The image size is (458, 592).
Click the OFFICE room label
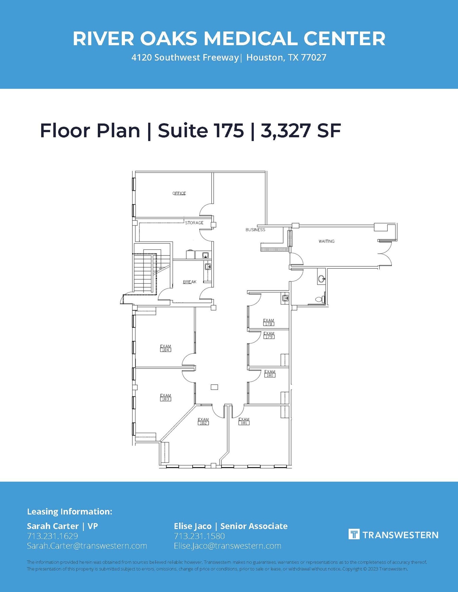click(x=179, y=193)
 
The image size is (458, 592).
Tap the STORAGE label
click(x=194, y=223)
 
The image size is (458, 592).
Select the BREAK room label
click(x=190, y=282)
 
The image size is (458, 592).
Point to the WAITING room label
click(x=326, y=241)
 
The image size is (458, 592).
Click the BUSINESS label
click(x=255, y=230)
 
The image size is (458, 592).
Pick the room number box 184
click(x=165, y=350)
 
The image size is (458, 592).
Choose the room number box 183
click(x=165, y=399)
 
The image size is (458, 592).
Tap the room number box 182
click(x=203, y=423)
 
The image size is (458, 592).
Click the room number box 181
click(x=244, y=423)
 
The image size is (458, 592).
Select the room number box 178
click(x=268, y=324)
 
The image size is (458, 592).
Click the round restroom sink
click(x=321, y=279)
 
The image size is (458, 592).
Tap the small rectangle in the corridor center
click(x=214, y=387)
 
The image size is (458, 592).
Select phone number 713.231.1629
click(x=52, y=536)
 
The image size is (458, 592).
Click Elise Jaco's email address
click(x=227, y=546)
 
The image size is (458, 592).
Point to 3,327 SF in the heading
click(x=301, y=131)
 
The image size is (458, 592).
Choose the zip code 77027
click(x=314, y=58)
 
